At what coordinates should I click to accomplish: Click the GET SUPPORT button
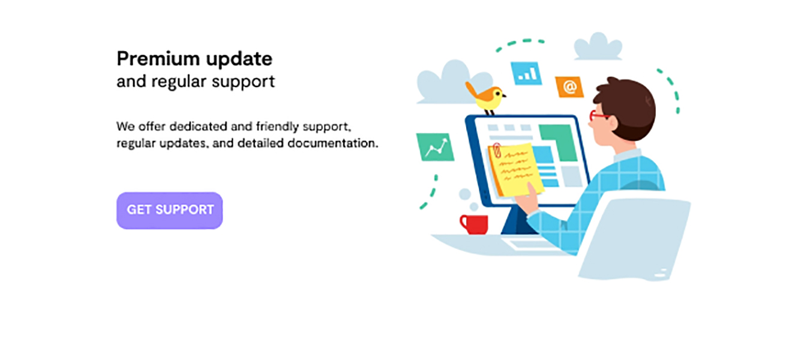[x=169, y=210]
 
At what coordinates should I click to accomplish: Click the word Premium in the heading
[x=158, y=58]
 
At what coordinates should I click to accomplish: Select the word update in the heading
[x=239, y=59]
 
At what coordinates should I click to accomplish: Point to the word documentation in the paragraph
[x=333, y=143]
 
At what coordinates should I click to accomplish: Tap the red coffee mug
[x=474, y=224]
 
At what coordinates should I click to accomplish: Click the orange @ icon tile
[x=569, y=86]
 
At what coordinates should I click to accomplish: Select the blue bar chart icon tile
[x=526, y=74]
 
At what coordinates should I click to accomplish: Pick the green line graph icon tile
[x=435, y=147]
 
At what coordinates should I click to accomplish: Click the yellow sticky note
[x=515, y=169]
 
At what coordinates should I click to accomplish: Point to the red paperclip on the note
[x=497, y=150]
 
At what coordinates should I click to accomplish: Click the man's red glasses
[x=598, y=116]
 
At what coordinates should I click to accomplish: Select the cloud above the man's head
[x=598, y=47]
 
